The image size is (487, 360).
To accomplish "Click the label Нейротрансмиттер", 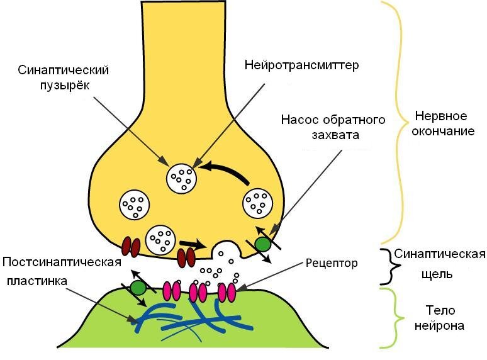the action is (x=301, y=65).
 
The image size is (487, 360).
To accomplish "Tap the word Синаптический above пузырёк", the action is (x=64, y=70).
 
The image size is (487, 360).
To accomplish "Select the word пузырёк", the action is (x=65, y=85).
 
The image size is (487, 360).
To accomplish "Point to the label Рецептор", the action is (x=332, y=264).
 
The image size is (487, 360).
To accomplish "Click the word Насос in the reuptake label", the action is (x=300, y=120).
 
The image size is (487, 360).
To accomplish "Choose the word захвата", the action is (x=335, y=135).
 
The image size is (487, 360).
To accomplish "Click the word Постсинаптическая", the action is (x=62, y=262).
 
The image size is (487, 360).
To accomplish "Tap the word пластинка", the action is (x=37, y=281).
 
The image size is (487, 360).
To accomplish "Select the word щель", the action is (x=437, y=274).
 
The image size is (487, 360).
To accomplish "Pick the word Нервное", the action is (x=441, y=116).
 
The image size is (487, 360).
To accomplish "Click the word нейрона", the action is (x=439, y=325).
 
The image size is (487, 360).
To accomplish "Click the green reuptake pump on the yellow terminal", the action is (x=263, y=244).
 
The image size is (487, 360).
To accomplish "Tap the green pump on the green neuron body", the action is (x=138, y=288).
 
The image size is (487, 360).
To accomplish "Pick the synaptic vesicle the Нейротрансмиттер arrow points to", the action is (x=181, y=179).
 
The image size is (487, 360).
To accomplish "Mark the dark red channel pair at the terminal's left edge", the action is (x=131, y=247).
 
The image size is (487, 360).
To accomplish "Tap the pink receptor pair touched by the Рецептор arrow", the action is (x=227, y=292).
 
